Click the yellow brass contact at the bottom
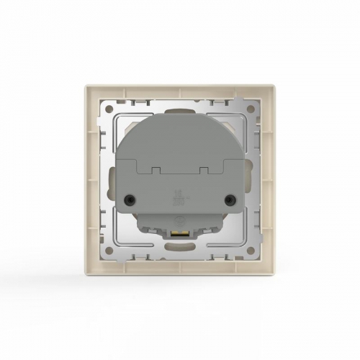click(180, 233)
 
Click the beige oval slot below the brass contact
click(180, 250)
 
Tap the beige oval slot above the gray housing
click(180, 109)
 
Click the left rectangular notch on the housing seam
click(154, 170)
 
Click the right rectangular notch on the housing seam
click(204, 170)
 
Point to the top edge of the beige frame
click(180, 86)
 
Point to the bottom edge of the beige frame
click(180, 274)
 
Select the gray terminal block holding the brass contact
click(180, 225)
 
